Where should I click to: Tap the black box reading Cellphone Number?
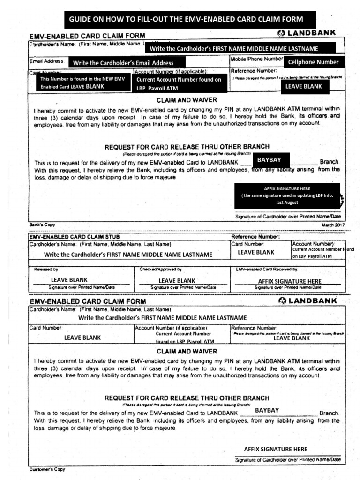click(313, 62)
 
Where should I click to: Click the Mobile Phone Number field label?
click(256, 59)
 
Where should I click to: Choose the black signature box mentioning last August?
click(287, 195)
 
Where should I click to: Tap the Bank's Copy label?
click(42, 225)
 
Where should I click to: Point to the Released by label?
click(46, 270)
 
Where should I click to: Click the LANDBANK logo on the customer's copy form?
click(307, 300)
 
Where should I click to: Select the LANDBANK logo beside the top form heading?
click(307, 33)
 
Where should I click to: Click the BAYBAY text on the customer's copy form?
click(267, 410)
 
